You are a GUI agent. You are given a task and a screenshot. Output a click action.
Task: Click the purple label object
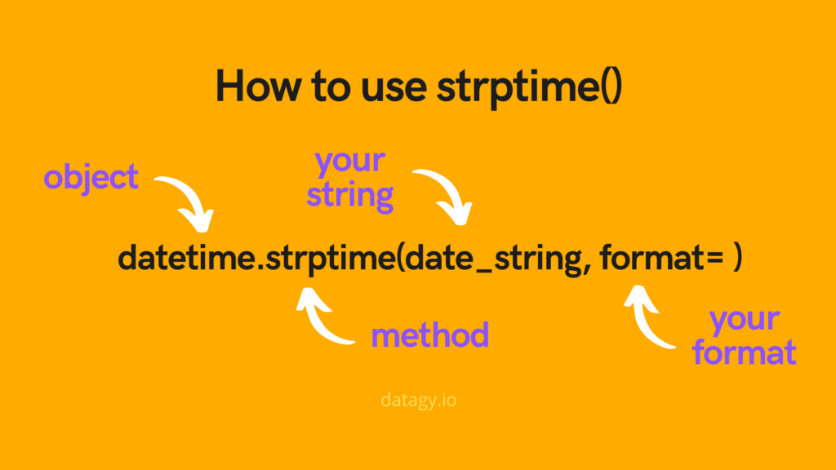91,177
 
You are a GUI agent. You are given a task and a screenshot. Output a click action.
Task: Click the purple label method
430,335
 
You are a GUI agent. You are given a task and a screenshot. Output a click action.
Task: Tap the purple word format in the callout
744,353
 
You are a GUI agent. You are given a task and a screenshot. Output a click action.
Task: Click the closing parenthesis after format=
737,259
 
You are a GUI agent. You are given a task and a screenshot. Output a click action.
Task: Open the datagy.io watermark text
424,401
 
